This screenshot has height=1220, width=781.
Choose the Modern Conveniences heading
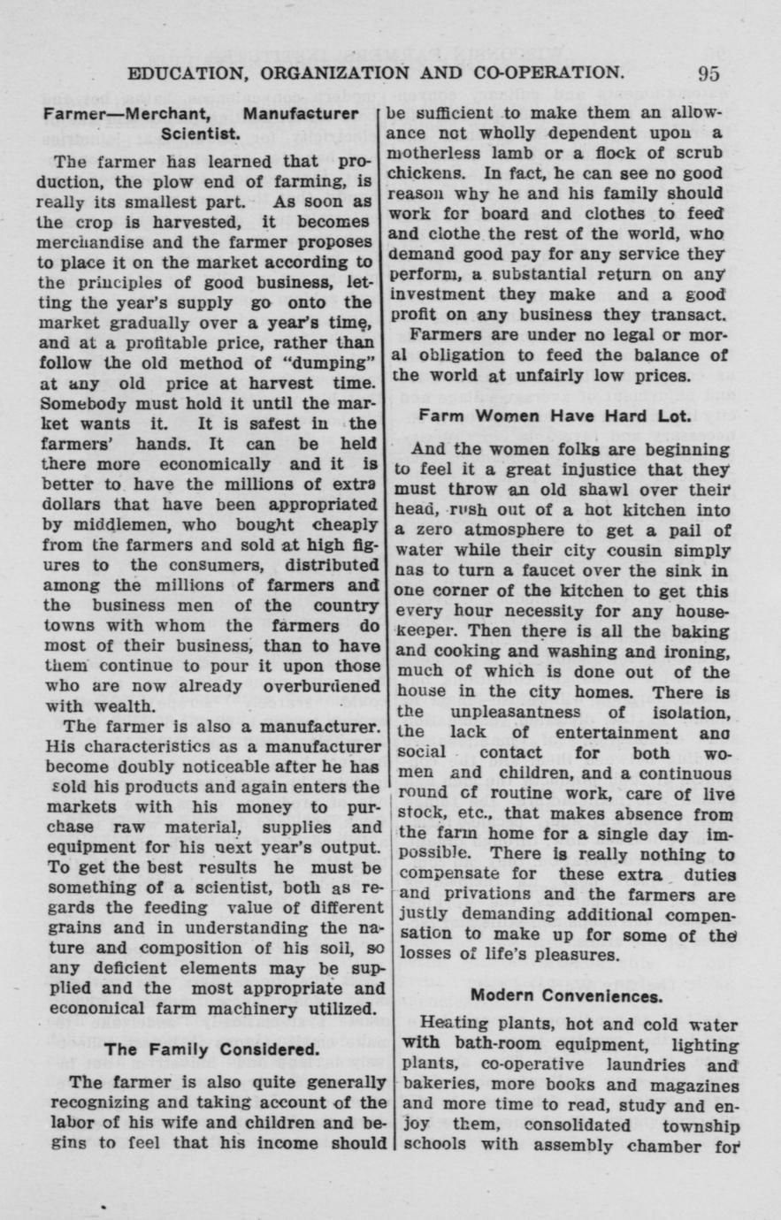point(566,995)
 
